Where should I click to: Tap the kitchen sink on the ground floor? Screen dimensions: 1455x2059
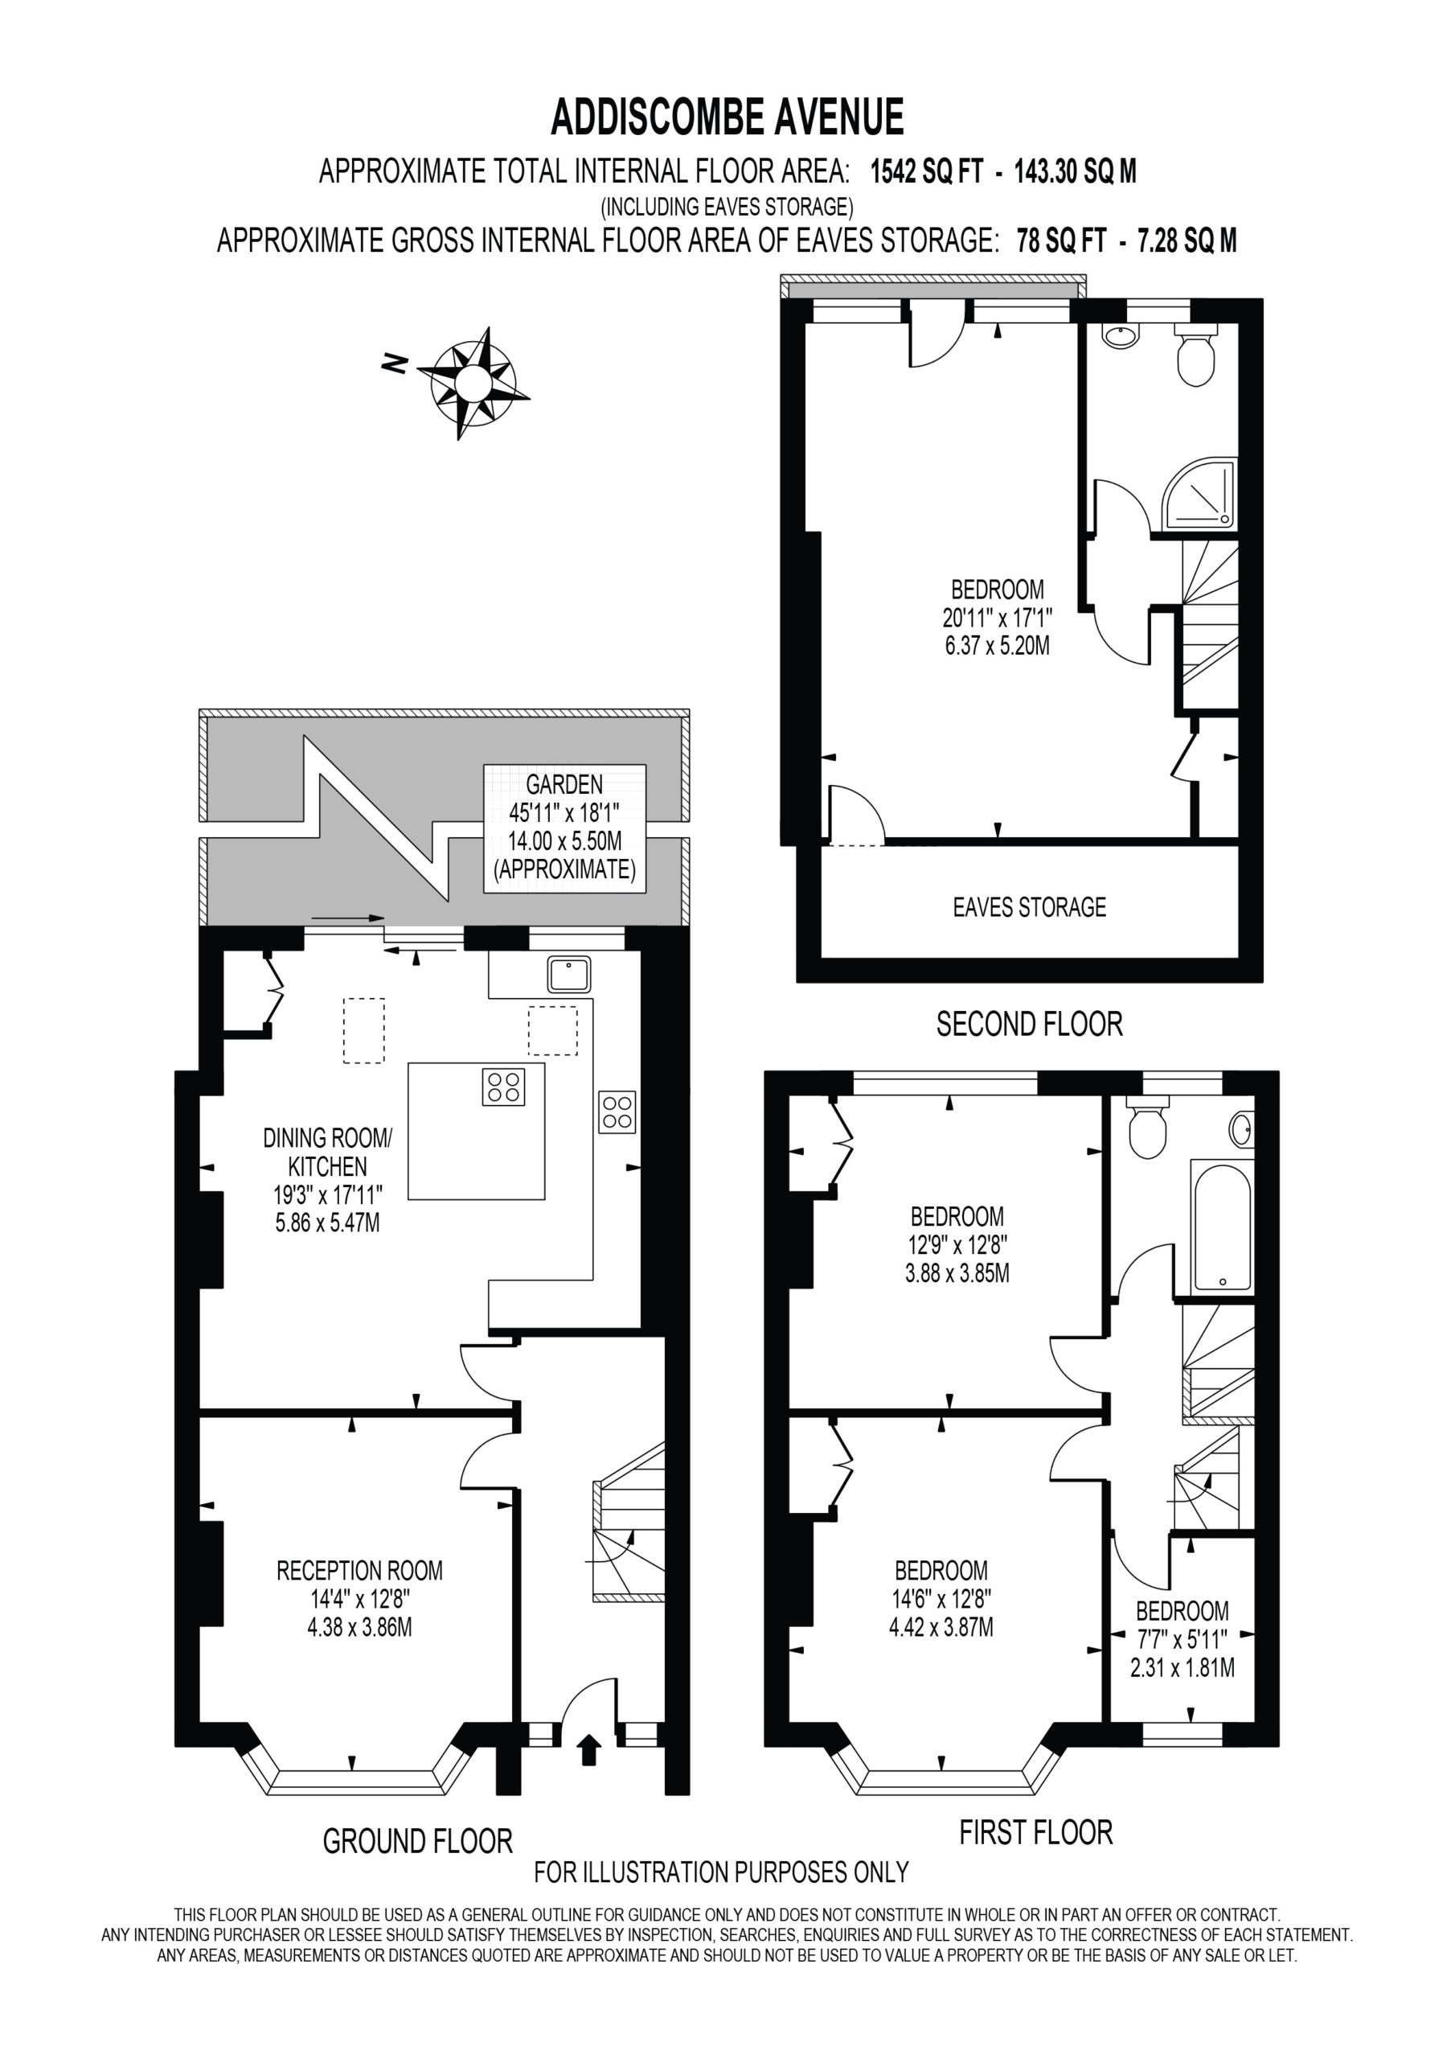(x=569, y=974)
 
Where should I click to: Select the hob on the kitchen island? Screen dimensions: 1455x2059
(x=503, y=1087)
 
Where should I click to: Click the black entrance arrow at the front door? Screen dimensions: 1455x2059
(x=588, y=1749)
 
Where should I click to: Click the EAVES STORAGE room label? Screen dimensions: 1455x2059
(x=1029, y=906)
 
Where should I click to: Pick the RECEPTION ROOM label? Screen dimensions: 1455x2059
(x=359, y=1570)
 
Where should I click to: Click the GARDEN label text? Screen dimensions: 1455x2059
(x=564, y=785)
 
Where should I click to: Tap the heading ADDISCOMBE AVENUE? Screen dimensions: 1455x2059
(x=727, y=117)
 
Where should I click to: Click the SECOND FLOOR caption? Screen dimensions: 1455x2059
(x=1029, y=1023)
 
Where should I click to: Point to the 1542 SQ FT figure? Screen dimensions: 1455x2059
(x=927, y=171)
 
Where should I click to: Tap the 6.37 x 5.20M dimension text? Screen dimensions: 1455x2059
(x=997, y=645)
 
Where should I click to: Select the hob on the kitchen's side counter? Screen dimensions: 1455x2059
(x=617, y=1112)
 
